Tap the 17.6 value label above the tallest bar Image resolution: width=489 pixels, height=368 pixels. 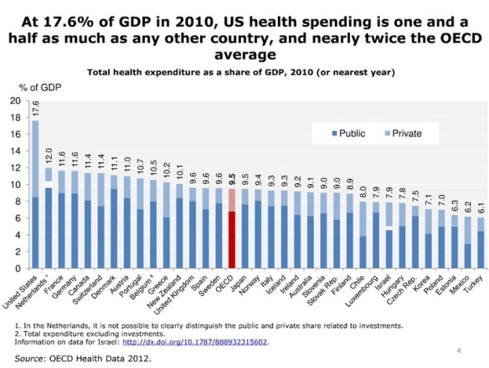(x=36, y=107)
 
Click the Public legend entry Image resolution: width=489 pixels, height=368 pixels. (x=344, y=133)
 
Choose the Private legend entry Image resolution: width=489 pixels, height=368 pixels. (x=400, y=133)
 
